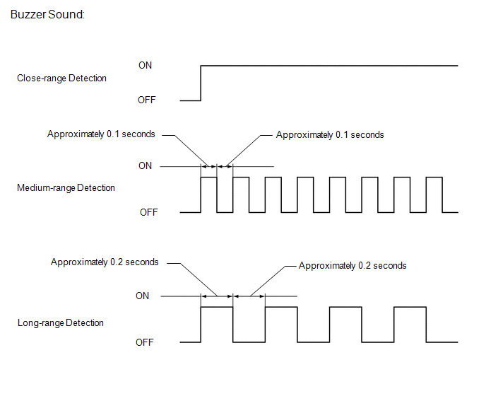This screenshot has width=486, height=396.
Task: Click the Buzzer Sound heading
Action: pos(48,14)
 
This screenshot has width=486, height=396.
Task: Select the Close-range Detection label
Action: pos(61,78)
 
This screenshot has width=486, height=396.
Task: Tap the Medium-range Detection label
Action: pos(66,187)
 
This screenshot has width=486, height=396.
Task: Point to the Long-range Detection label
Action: pos(60,322)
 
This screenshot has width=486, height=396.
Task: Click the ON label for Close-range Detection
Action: pos(145,65)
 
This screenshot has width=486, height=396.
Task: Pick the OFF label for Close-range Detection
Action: pos(146,100)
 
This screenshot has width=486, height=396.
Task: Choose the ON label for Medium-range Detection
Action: pos(145,165)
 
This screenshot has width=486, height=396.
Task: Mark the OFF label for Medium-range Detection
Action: pos(148,212)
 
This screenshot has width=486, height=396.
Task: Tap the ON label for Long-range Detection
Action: pos(142,296)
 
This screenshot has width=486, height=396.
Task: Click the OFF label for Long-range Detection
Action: pos(145,342)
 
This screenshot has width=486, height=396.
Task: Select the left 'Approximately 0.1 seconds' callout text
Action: pos(101,134)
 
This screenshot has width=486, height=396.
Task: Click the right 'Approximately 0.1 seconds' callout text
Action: pos(330,134)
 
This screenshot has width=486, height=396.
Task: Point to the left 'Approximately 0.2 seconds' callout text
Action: pos(105,262)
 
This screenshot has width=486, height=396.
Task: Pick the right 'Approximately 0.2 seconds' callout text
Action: pos(352,266)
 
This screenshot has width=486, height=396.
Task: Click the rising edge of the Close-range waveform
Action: pos(201,83)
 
